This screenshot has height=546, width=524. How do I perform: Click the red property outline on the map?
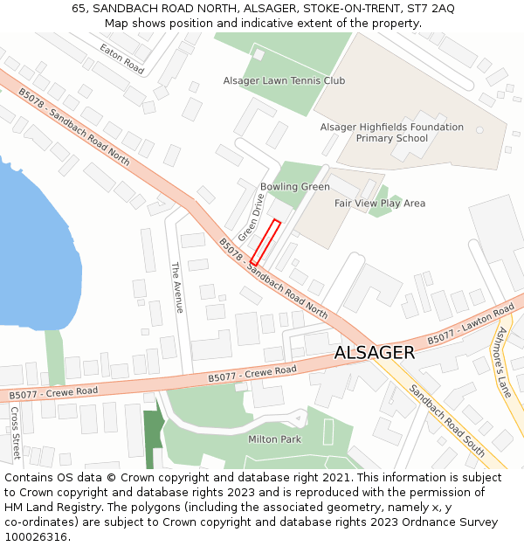coord(265,242)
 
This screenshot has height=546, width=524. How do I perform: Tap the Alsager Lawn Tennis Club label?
coord(284,80)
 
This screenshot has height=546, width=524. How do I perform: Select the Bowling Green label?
coord(294,187)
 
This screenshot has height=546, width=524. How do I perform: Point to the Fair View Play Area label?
coord(380,203)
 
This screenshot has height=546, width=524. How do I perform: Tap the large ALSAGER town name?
coord(375,352)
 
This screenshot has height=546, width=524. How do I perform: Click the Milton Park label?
coord(274,439)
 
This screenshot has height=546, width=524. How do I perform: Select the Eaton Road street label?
coord(121,59)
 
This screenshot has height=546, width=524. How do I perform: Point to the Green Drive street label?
coord(251,218)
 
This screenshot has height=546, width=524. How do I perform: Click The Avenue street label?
coord(176,287)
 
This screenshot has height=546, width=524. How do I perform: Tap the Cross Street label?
coord(15,432)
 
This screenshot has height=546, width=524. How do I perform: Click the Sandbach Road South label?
coord(447,422)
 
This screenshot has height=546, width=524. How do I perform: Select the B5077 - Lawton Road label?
coord(470,325)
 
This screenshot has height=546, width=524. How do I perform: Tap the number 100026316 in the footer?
coord(36,536)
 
